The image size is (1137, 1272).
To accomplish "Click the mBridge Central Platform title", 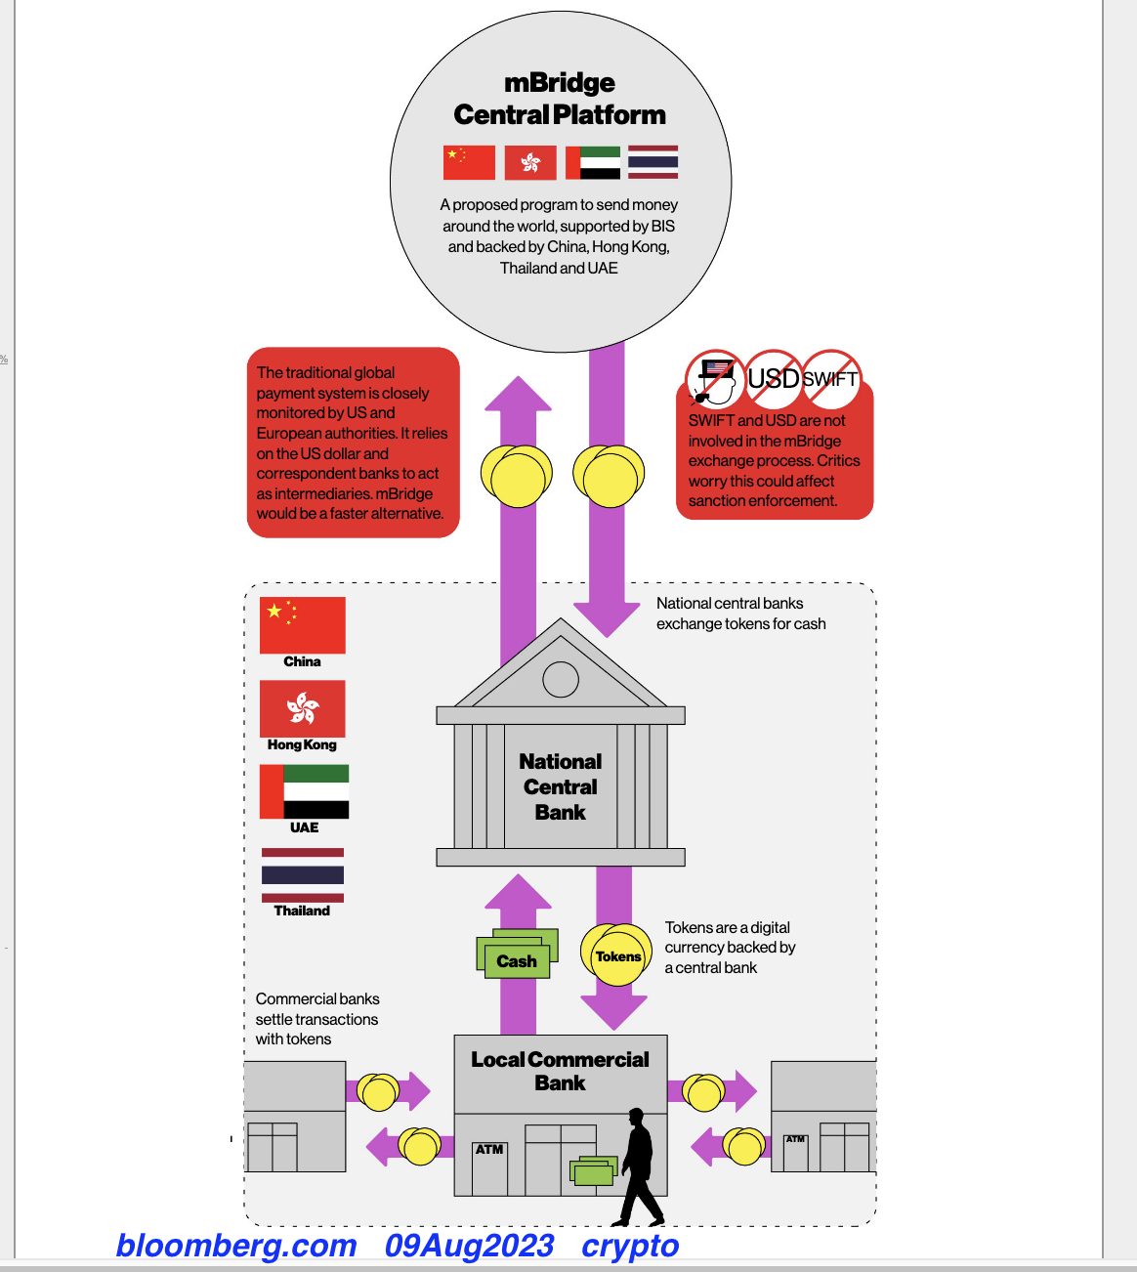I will tap(560, 99).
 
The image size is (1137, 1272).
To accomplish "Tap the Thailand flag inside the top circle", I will tap(653, 162).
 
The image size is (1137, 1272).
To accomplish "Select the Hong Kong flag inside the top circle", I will tap(530, 162).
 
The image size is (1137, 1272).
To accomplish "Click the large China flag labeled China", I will tap(303, 625).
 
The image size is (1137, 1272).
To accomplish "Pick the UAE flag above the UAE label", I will tap(304, 791).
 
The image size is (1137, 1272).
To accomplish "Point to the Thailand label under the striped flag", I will tap(302, 911).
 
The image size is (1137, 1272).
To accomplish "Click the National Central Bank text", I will tap(560, 786).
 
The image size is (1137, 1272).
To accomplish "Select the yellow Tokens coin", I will tap(616, 955).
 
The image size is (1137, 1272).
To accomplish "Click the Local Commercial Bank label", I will tap(560, 1071).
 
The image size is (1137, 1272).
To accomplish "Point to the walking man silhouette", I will tap(640, 1167).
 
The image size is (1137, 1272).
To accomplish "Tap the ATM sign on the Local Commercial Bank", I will tap(489, 1149).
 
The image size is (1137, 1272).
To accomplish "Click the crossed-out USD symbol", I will tap(774, 378).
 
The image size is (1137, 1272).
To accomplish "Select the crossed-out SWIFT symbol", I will tap(830, 378).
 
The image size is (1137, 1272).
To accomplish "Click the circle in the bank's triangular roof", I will tap(561, 679).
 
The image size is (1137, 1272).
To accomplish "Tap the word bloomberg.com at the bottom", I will tap(236, 1246).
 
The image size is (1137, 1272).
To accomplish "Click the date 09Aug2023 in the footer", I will tap(469, 1246).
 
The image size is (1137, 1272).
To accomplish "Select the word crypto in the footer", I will tap(630, 1246).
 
